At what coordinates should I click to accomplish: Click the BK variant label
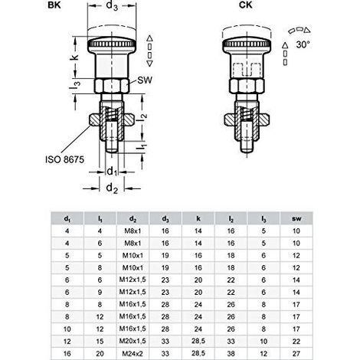54,5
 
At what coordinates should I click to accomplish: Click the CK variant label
246,5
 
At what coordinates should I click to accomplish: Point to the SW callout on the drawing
145,80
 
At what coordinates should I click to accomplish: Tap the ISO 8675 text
64,159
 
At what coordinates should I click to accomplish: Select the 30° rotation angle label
303,44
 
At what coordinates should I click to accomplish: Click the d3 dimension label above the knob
112,5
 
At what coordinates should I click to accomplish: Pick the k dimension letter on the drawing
74,57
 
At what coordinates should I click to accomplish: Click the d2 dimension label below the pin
112,188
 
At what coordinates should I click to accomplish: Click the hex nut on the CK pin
247,86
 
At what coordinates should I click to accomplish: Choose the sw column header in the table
296,218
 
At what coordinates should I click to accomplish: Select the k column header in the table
198,218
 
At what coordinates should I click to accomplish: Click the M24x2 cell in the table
133,354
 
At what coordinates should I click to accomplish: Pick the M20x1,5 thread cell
133,341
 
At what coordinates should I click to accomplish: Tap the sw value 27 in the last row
296,354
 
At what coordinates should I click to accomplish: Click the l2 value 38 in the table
231,354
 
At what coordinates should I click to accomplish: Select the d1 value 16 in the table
67,354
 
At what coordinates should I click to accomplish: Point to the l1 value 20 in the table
100,354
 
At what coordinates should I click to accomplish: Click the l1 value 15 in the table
100,342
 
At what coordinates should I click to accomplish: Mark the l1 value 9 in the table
100,293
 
